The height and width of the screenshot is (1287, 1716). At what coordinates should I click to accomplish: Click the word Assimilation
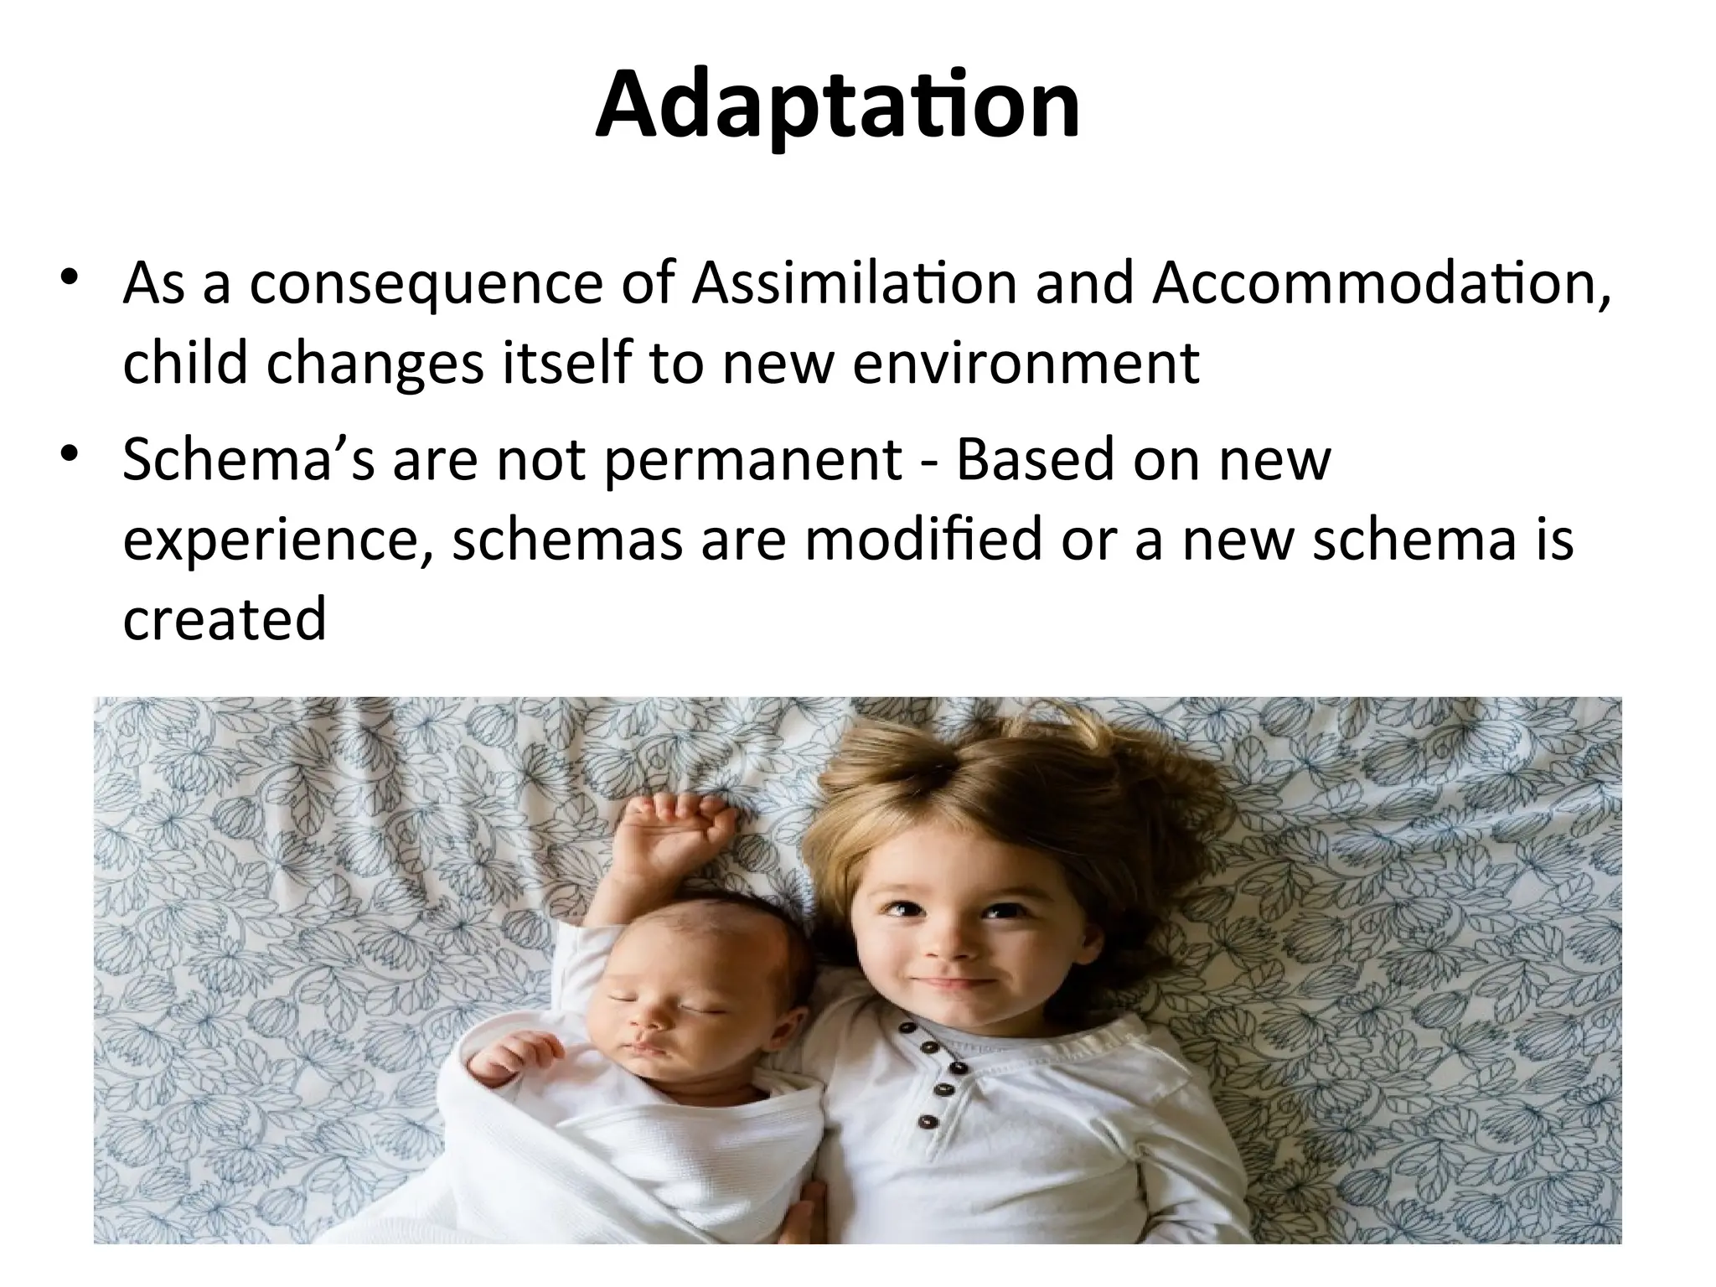[x=854, y=283]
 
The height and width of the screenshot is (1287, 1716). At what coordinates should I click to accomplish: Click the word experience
[x=280, y=540]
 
